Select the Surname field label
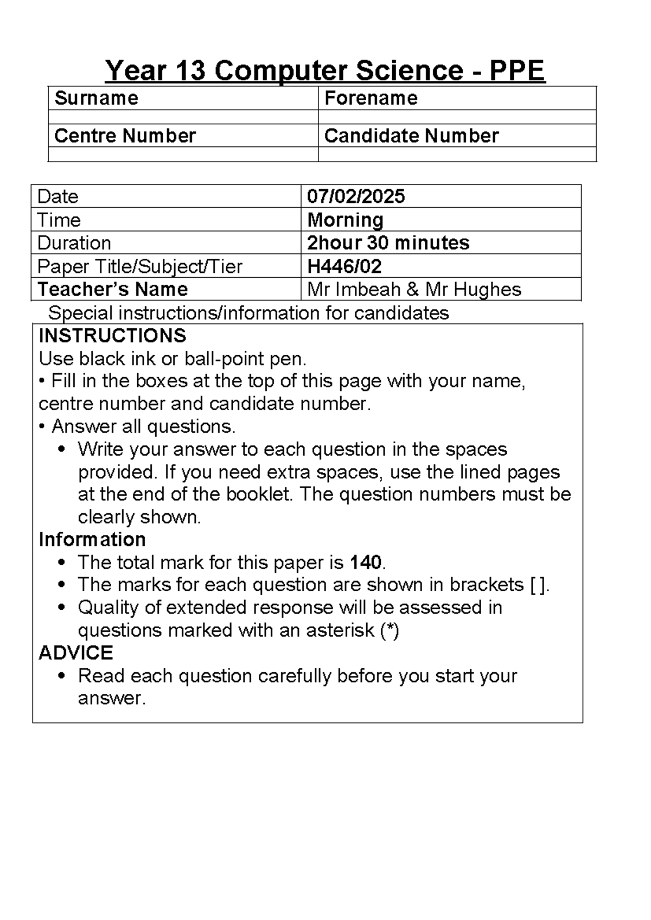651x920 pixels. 97,98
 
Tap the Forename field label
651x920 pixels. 371,98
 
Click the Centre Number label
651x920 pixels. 125,136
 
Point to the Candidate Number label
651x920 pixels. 411,136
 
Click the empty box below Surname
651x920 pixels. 183,117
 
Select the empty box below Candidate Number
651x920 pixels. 457,154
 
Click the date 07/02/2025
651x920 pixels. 356,196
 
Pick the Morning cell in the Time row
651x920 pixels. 346,220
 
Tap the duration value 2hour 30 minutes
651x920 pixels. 388,242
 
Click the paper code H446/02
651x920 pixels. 344,266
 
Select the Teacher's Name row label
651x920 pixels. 113,289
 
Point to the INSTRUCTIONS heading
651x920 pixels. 112,336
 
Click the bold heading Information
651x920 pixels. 92,539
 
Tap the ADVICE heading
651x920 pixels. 75,653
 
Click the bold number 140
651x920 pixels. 366,563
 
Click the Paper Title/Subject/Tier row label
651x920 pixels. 139,266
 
